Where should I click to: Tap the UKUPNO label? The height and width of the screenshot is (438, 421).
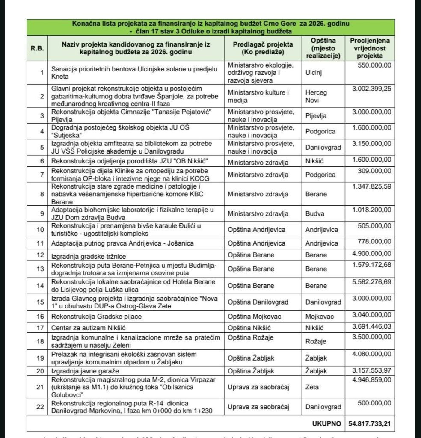pos(326,424)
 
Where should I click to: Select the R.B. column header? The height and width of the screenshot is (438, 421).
pos(37,48)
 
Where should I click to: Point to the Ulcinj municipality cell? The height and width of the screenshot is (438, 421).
pos(314,72)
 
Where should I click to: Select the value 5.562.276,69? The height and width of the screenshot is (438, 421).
pos(371,282)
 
